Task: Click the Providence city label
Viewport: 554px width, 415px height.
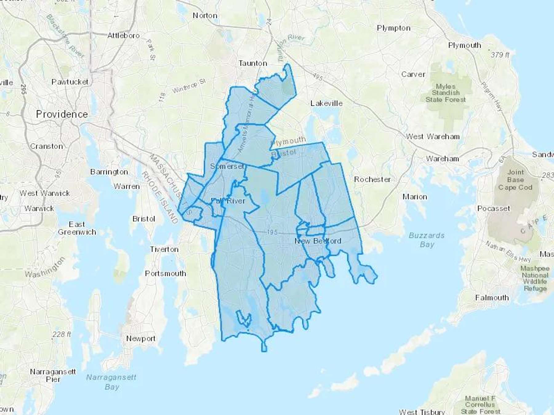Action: point(62,114)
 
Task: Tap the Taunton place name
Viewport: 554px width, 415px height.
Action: point(253,63)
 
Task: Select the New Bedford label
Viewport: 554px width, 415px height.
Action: point(318,241)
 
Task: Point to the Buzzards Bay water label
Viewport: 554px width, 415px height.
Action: point(427,240)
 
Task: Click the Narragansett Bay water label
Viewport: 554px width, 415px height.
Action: point(111,382)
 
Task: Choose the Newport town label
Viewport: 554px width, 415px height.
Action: point(141,338)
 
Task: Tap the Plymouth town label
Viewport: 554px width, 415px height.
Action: point(464,45)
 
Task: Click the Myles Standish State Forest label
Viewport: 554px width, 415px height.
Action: point(445,93)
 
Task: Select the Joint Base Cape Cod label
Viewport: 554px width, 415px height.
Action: point(515,180)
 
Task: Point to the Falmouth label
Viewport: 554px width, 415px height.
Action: point(492,298)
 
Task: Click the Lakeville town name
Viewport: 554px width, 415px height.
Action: point(326,103)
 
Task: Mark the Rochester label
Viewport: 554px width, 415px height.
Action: point(372,179)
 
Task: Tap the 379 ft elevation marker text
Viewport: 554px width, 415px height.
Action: point(500,55)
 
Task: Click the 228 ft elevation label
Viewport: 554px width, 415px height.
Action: point(62,334)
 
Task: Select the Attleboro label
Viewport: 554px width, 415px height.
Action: point(123,36)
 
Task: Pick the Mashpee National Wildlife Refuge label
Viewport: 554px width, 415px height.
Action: point(535,278)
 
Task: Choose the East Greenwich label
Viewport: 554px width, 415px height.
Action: point(77,228)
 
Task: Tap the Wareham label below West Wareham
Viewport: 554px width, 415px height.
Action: point(442,159)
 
